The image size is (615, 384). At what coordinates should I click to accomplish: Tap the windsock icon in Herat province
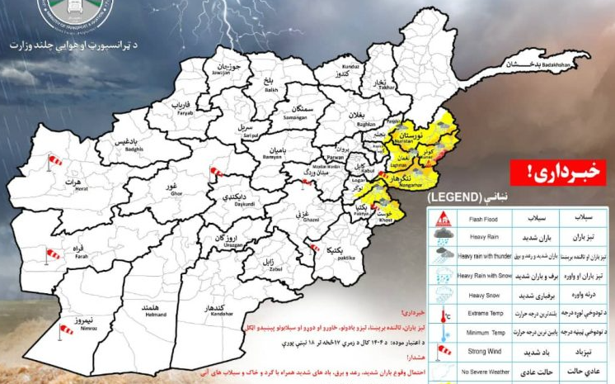click(x=55, y=160)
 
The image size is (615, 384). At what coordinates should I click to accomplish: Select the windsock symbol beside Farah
click(x=53, y=254)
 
